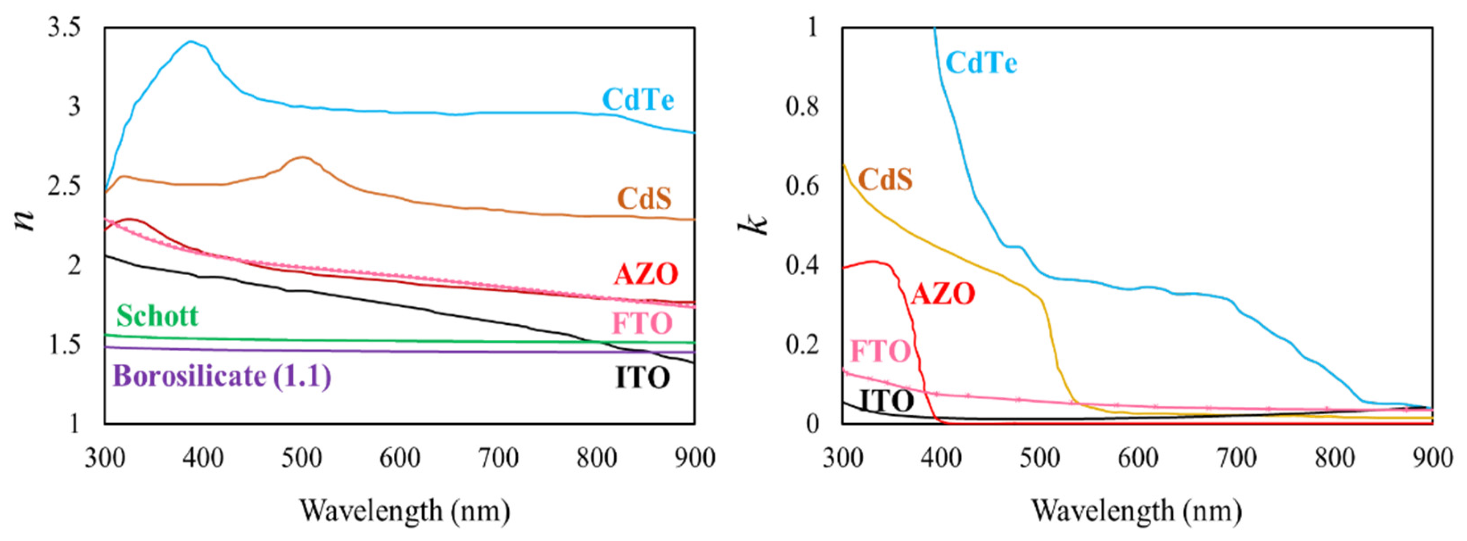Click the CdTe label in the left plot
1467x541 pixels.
point(638,100)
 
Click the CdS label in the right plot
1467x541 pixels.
point(885,179)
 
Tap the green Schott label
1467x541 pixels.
point(157,315)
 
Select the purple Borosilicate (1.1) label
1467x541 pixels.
point(222,376)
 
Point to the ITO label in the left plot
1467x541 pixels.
point(643,378)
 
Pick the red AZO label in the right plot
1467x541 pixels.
point(943,294)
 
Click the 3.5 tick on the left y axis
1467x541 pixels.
point(64,27)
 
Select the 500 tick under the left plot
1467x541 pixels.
point(301,458)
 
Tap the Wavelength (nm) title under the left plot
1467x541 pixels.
point(404,510)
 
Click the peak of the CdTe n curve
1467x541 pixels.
point(191,41)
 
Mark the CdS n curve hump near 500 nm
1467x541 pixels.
point(302,157)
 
